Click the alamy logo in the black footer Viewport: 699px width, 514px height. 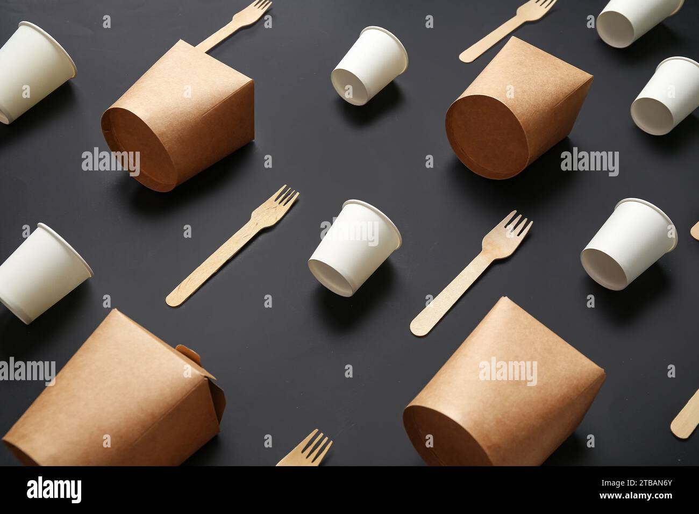[x=54, y=490]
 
